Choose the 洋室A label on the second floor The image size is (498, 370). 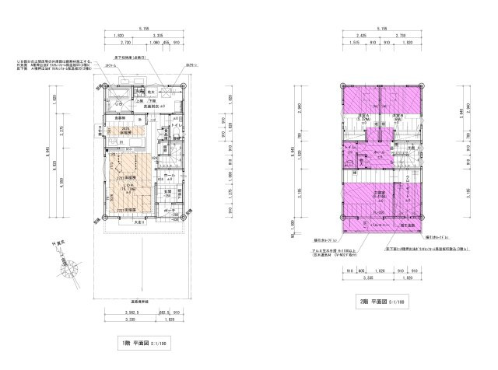click(x=363, y=118)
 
